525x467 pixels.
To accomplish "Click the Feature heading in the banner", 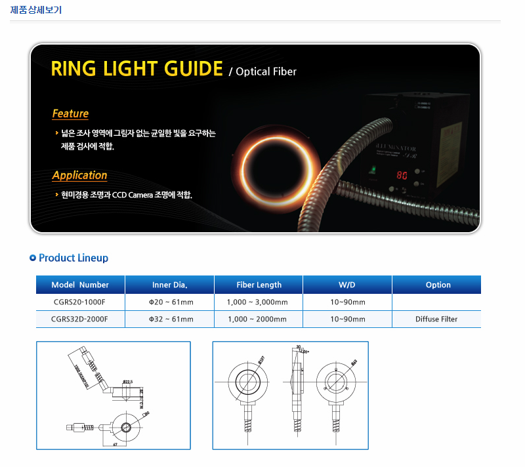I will (x=70, y=113).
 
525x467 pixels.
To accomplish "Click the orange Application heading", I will (x=79, y=175).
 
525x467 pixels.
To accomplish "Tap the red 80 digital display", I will (x=402, y=176).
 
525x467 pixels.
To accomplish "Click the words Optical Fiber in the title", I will (x=266, y=71).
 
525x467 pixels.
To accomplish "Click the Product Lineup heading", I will (x=73, y=258).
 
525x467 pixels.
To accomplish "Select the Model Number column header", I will (x=80, y=285).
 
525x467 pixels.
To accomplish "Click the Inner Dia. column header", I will (x=169, y=285).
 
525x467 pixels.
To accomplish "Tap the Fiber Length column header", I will (x=259, y=285).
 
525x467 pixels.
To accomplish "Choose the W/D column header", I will (x=347, y=285).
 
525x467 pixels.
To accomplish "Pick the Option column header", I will (x=438, y=285).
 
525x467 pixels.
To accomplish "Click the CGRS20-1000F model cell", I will (x=79, y=302).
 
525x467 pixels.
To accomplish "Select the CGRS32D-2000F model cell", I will (x=79, y=319).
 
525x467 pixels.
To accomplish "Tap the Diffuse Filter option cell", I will (x=436, y=319).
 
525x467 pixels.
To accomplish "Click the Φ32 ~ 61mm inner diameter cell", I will (x=171, y=319).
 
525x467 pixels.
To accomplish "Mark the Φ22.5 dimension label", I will (x=127, y=382).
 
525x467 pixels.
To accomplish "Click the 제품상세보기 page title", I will (x=37, y=10).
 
